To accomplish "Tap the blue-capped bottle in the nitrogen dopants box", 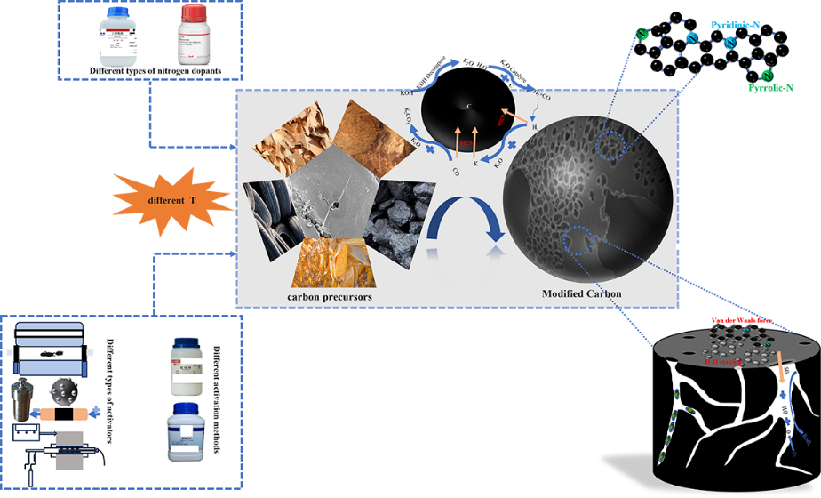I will (x=123, y=36).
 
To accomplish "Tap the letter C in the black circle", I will (x=469, y=106).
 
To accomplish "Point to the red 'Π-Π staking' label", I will (x=714, y=363).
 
